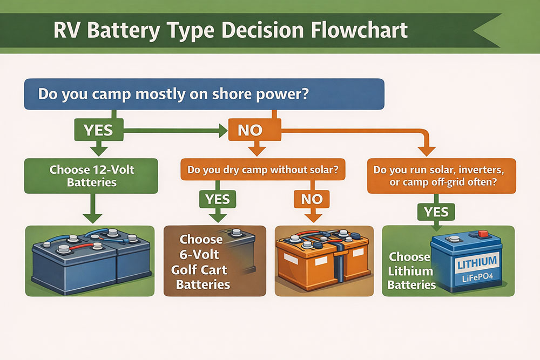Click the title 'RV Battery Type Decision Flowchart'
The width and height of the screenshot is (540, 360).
[231, 30]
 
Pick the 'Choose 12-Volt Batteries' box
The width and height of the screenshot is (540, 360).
[91, 176]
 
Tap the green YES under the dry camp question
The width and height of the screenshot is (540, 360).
[218, 199]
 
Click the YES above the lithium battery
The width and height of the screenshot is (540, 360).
[435, 211]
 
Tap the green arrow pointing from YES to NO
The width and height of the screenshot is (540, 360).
[173, 131]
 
